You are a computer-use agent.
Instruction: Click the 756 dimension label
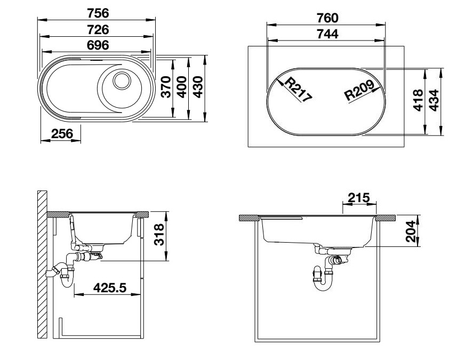tap(97, 13)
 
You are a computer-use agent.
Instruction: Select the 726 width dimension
tap(97, 29)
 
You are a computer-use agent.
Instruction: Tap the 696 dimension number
tap(97, 45)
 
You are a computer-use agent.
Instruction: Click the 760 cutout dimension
tap(327, 18)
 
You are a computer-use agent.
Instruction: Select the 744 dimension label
tap(327, 34)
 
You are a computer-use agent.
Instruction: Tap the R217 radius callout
tap(297, 89)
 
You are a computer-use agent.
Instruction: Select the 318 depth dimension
tap(158, 236)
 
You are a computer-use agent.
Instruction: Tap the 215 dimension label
tap(358, 197)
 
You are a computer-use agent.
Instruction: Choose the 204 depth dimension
tap(410, 231)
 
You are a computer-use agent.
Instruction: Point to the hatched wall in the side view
tap(42, 264)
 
